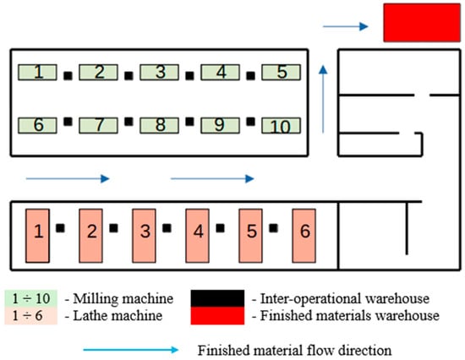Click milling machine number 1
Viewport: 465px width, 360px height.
(x=37, y=73)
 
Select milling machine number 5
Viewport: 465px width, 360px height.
(x=281, y=73)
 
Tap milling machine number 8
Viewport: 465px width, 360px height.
(x=159, y=125)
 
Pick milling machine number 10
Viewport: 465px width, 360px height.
(x=281, y=125)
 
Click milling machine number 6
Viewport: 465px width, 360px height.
(x=37, y=125)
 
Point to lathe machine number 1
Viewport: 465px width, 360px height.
(x=38, y=236)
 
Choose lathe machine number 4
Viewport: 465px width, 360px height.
(x=198, y=236)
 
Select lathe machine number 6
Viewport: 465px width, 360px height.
(x=304, y=236)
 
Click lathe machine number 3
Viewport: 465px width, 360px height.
(x=144, y=236)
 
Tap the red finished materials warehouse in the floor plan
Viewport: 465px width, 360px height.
(x=422, y=23)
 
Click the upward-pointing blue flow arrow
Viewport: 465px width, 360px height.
(x=323, y=100)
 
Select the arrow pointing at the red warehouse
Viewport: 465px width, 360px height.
(x=346, y=26)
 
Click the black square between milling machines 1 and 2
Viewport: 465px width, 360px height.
(x=68, y=76)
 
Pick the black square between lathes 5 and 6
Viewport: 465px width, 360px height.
(x=273, y=228)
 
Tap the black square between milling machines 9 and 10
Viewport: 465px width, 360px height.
(x=250, y=122)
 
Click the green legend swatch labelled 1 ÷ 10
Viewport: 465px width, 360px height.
(x=30, y=298)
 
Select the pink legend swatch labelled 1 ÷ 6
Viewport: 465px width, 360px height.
(x=30, y=315)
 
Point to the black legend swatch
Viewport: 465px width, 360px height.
(x=217, y=298)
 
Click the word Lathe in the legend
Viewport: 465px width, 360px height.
(x=89, y=315)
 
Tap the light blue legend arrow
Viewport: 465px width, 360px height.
(x=131, y=350)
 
